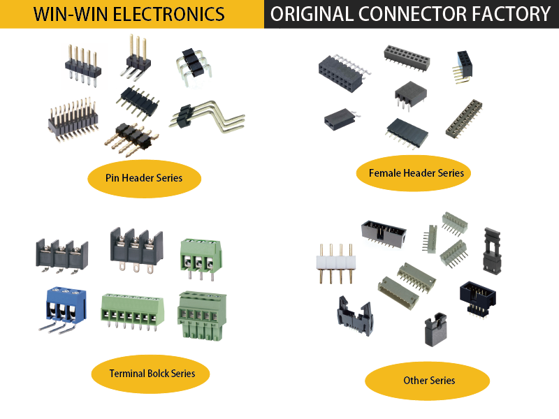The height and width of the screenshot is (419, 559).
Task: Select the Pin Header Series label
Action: [144, 178]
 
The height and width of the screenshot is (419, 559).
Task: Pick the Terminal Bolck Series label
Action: [152, 374]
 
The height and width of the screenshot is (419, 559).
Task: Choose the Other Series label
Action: [428, 381]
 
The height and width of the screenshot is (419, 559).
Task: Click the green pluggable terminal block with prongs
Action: [201, 314]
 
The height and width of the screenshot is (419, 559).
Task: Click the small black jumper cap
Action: [432, 330]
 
